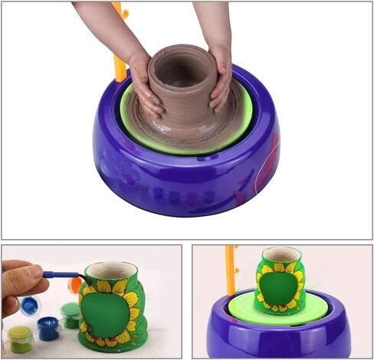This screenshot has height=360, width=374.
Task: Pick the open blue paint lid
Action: click(x=29, y=305)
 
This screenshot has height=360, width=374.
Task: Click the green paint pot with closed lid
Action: click(x=71, y=314)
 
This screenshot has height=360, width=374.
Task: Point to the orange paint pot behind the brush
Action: click(x=75, y=285)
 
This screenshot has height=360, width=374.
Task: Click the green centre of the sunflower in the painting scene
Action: click(x=107, y=314)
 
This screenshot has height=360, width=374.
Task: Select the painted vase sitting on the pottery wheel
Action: click(x=279, y=282)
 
